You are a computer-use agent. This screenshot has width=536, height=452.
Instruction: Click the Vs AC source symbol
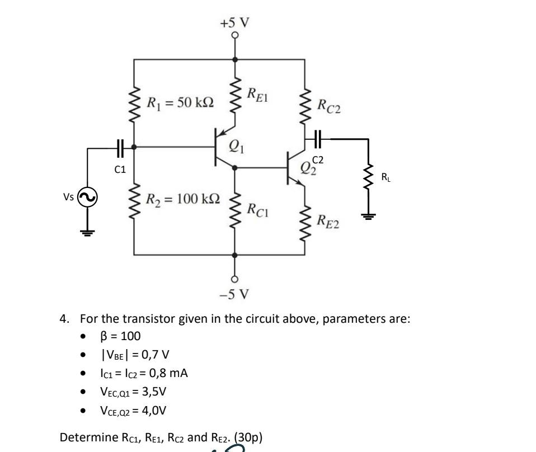click(x=88, y=197)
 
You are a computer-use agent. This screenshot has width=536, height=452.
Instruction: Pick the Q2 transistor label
click(x=307, y=168)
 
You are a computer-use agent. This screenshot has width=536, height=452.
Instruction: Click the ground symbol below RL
click(x=368, y=216)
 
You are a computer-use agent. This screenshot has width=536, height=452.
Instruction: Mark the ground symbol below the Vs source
click(x=88, y=232)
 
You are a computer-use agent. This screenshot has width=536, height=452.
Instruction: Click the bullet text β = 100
click(x=120, y=336)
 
